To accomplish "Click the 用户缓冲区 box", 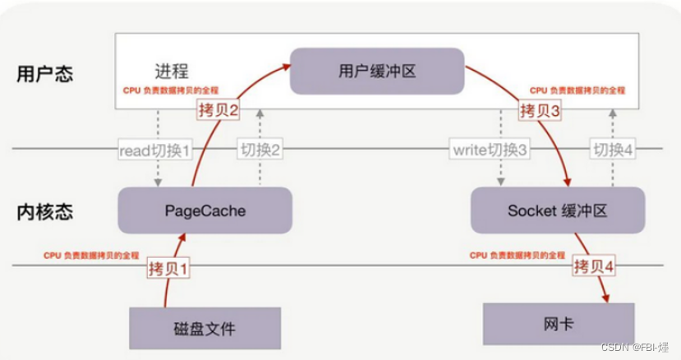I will click(x=377, y=72).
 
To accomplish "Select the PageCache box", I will click(x=205, y=210).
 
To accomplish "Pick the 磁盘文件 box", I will click(x=205, y=329).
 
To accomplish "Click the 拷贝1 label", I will click(x=168, y=267).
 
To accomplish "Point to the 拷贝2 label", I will click(x=218, y=110).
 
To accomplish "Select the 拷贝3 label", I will click(x=539, y=110).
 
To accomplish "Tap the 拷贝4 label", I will click(x=593, y=266).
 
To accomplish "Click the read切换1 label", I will click(x=154, y=150).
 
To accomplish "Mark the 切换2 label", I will click(x=260, y=150).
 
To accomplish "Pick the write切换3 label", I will click(x=490, y=150).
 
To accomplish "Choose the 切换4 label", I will click(x=611, y=150).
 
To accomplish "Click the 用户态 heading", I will click(x=44, y=73).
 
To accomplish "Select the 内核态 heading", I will click(x=44, y=211).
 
